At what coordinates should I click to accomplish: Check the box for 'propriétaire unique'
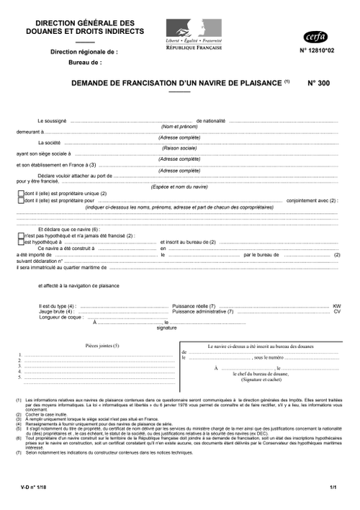[x=20, y=194]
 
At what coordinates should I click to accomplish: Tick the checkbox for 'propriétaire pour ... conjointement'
[x=20, y=200]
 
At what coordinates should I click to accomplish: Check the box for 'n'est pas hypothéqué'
[x=20, y=235]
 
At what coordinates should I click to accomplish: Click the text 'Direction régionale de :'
[x=84, y=52]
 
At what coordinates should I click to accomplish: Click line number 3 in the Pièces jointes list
[x=20, y=365]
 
